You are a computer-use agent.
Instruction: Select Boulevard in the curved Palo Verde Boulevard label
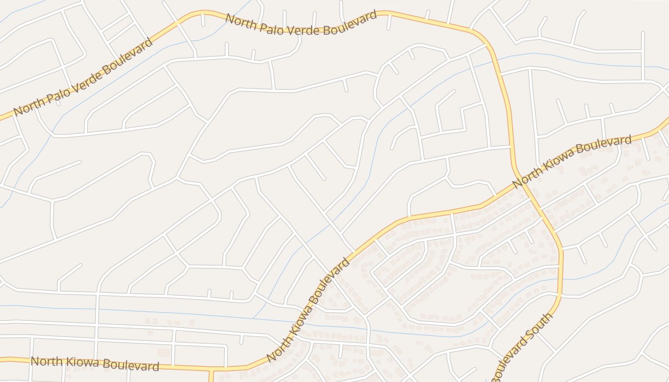350,22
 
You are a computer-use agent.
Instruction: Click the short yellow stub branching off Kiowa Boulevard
210,375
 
